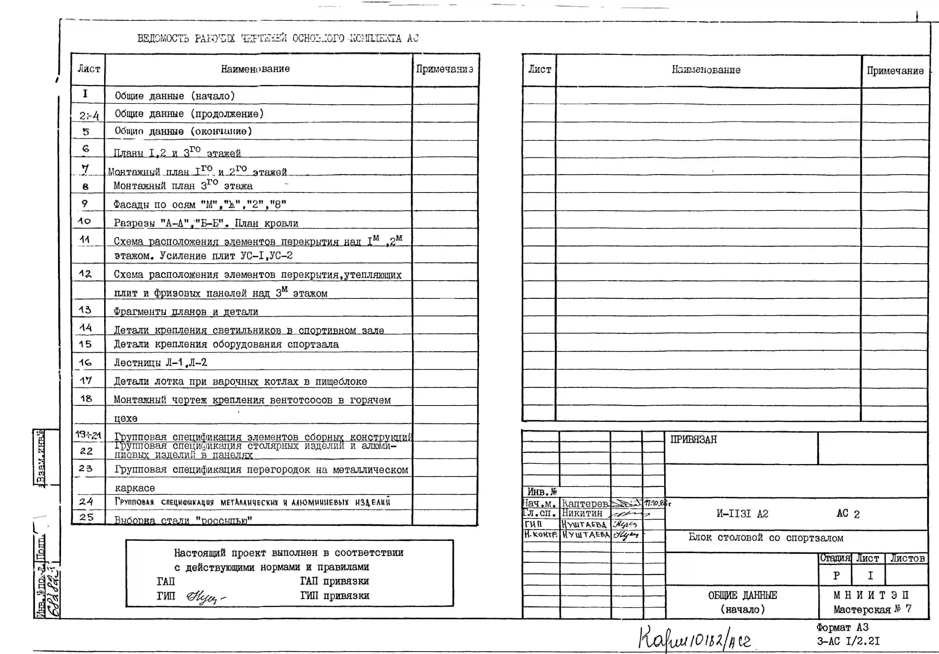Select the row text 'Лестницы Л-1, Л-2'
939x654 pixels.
coord(160,363)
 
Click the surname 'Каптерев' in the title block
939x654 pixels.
coord(585,504)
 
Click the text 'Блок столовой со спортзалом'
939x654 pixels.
coord(766,538)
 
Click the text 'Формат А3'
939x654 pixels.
coord(842,627)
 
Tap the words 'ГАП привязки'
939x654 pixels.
coord(335,581)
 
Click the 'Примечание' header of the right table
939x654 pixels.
coord(895,71)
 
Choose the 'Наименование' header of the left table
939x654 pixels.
coord(255,69)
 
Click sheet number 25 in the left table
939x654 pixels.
coord(86,517)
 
